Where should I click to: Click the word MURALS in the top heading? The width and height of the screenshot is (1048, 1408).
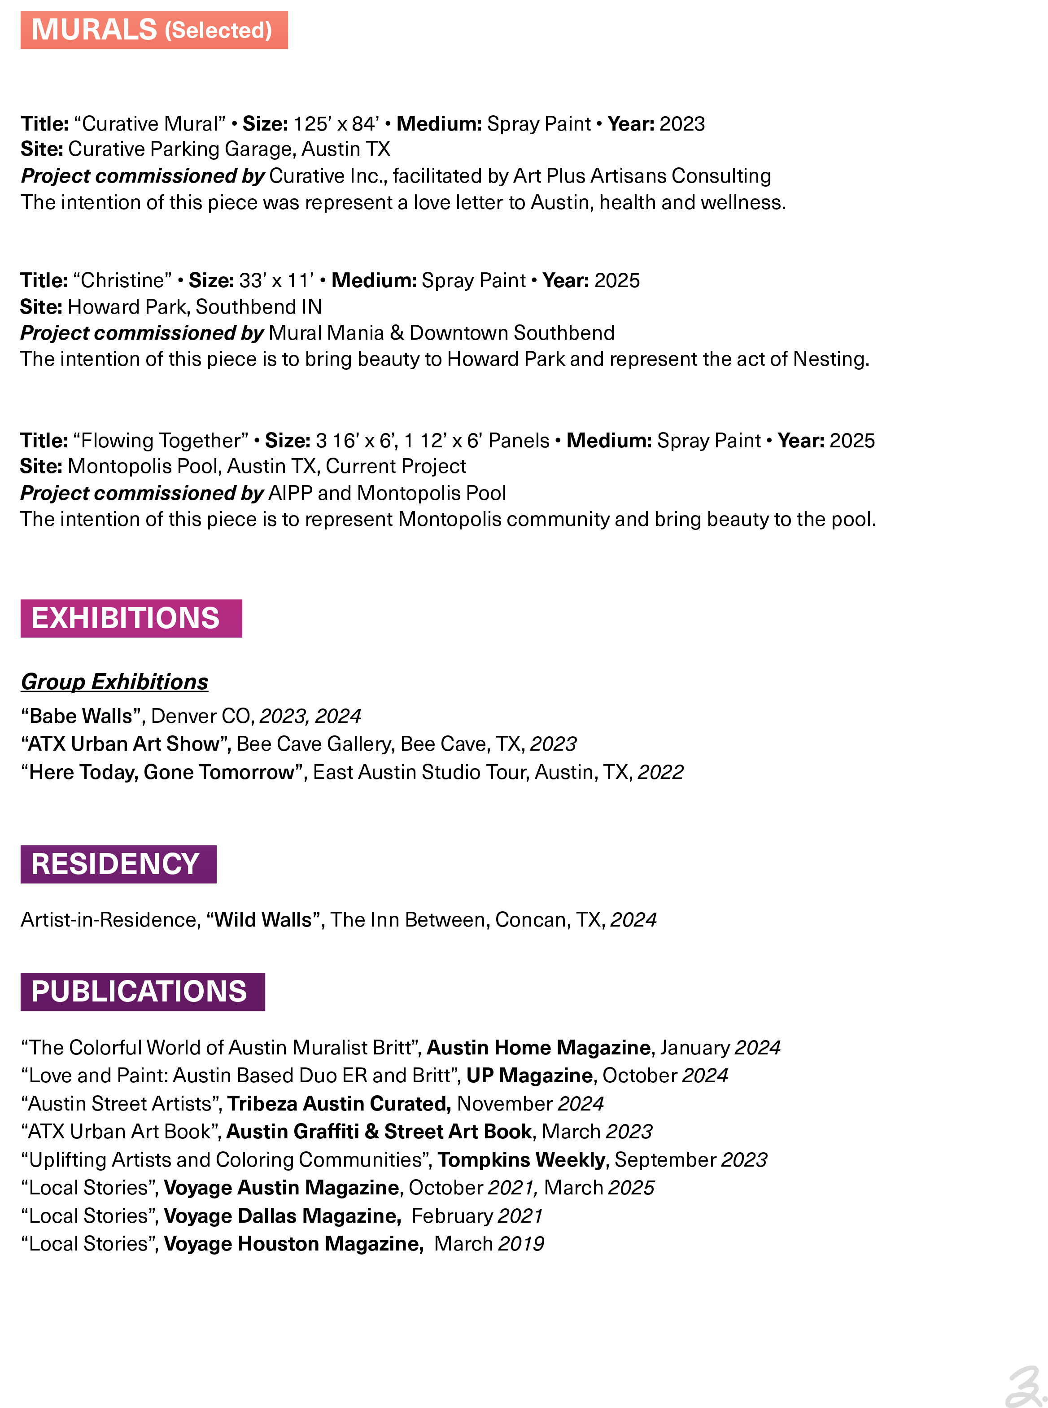pyautogui.click(x=94, y=30)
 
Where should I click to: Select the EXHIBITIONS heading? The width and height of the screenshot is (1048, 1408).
pyautogui.click(x=126, y=618)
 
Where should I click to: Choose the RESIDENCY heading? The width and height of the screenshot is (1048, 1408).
pyautogui.click(x=115, y=864)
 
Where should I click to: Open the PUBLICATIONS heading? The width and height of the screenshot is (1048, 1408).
pyautogui.click(x=139, y=991)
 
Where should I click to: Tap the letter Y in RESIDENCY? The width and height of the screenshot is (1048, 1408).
pyautogui.click(x=189, y=864)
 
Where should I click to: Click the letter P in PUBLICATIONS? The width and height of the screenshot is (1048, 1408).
pyautogui.click(x=40, y=991)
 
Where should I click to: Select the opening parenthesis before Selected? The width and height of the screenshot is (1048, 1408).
pyautogui.click(x=168, y=31)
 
